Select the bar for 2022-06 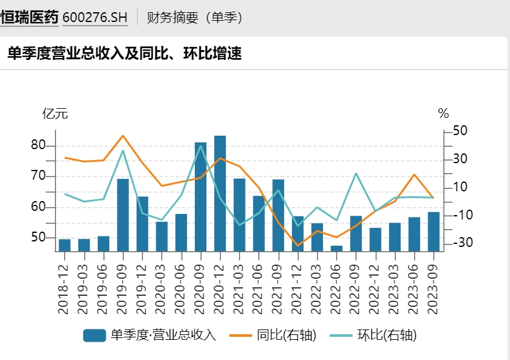tap(337, 248)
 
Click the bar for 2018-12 tap(64, 244)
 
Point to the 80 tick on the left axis tap(38, 145)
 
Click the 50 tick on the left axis tap(38, 237)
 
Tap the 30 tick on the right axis tap(460, 160)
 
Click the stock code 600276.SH tap(95, 18)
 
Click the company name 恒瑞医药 tap(29, 18)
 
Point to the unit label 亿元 tap(54, 114)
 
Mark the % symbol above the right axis tap(443, 114)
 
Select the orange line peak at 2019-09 tap(123, 136)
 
